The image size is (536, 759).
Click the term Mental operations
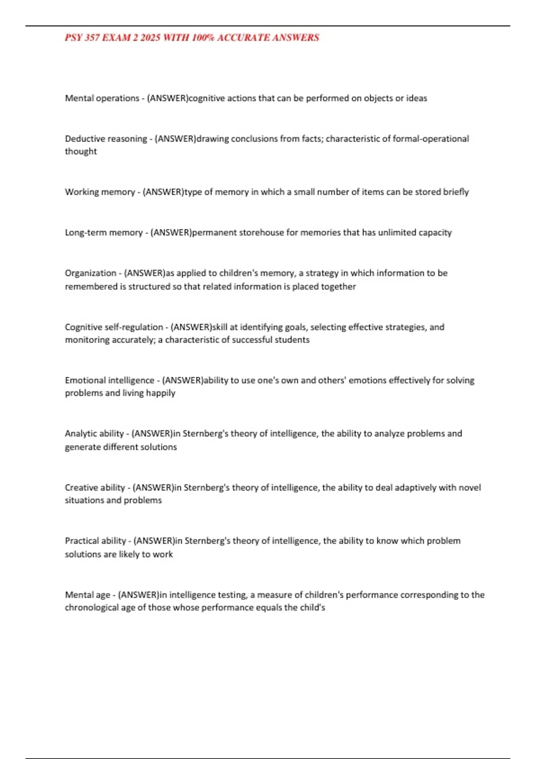tap(102, 98)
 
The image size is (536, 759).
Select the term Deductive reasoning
tap(106, 139)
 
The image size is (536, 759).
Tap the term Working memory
tap(100, 192)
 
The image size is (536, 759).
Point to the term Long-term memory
tap(104, 233)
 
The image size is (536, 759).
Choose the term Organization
tap(90, 273)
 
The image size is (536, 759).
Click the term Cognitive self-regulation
tap(114, 327)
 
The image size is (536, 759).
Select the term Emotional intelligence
tap(109, 380)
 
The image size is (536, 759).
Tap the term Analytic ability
tap(94, 434)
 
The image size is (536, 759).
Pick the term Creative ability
tap(95, 488)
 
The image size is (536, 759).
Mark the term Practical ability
tap(95, 541)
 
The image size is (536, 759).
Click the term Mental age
tap(87, 595)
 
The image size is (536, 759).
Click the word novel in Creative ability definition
tap(470, 488)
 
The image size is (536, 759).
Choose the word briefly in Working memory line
tap(456, 192)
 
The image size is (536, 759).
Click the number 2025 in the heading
tap(150, 38)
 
